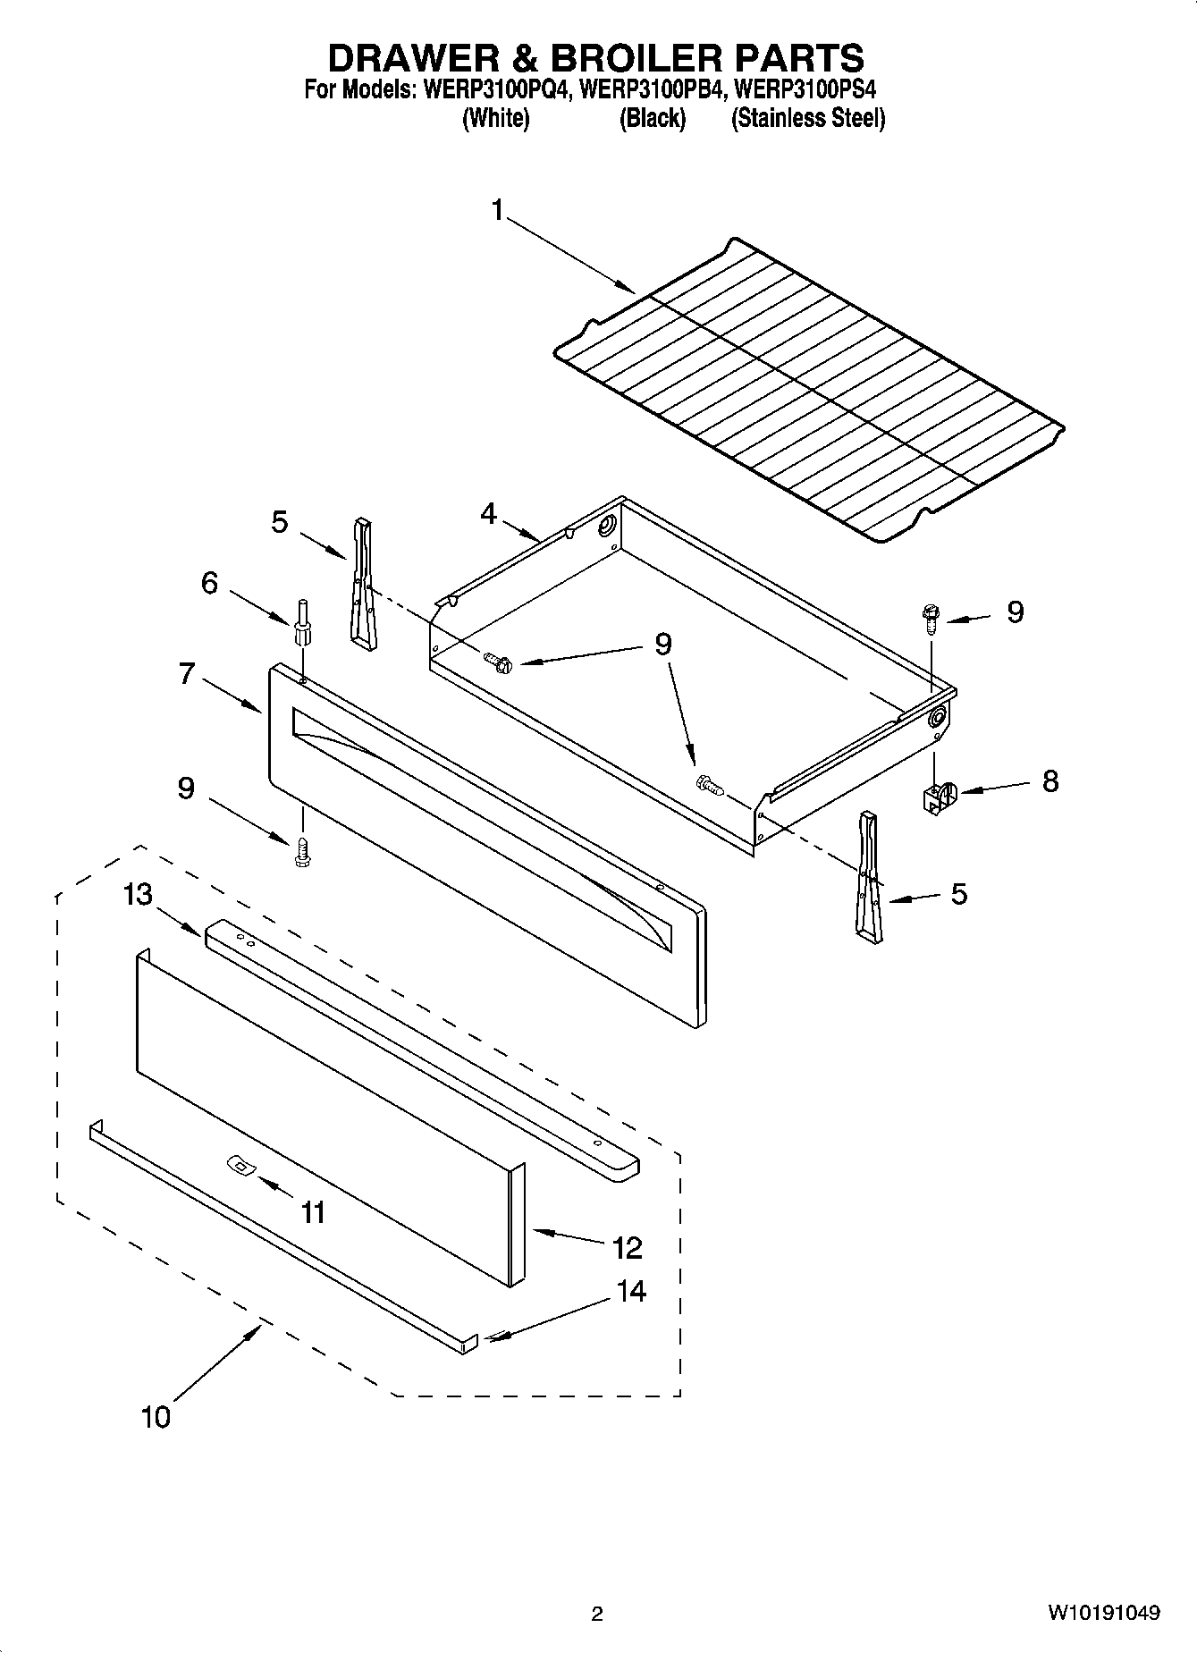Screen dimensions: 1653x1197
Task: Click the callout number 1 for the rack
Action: pos(497,211)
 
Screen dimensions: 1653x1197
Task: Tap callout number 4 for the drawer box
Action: pos(488,513)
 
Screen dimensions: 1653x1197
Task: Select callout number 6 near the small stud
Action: pos(209,583)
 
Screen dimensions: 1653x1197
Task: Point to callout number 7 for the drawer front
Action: pos(186,672)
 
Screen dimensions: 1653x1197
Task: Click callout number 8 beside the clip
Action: pos(1049,780)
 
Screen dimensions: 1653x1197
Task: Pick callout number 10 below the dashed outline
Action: pos(156,1416)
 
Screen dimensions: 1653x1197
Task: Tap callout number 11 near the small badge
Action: pos(313,1212)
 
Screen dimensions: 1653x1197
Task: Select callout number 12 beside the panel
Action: pos(628,1247)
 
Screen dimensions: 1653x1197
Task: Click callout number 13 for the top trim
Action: pos(138,893)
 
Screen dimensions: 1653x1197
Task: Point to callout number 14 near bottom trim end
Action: pos(631,1290)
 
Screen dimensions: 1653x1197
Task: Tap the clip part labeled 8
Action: pos(936,796)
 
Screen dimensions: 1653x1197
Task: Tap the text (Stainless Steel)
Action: pos(808,118)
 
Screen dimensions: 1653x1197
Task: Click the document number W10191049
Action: pos(1105,1613)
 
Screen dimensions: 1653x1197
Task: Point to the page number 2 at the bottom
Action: pos(597,1614)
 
